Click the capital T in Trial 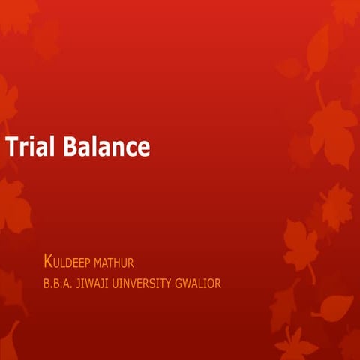pos(11,147)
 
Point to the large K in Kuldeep pos(49,262)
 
